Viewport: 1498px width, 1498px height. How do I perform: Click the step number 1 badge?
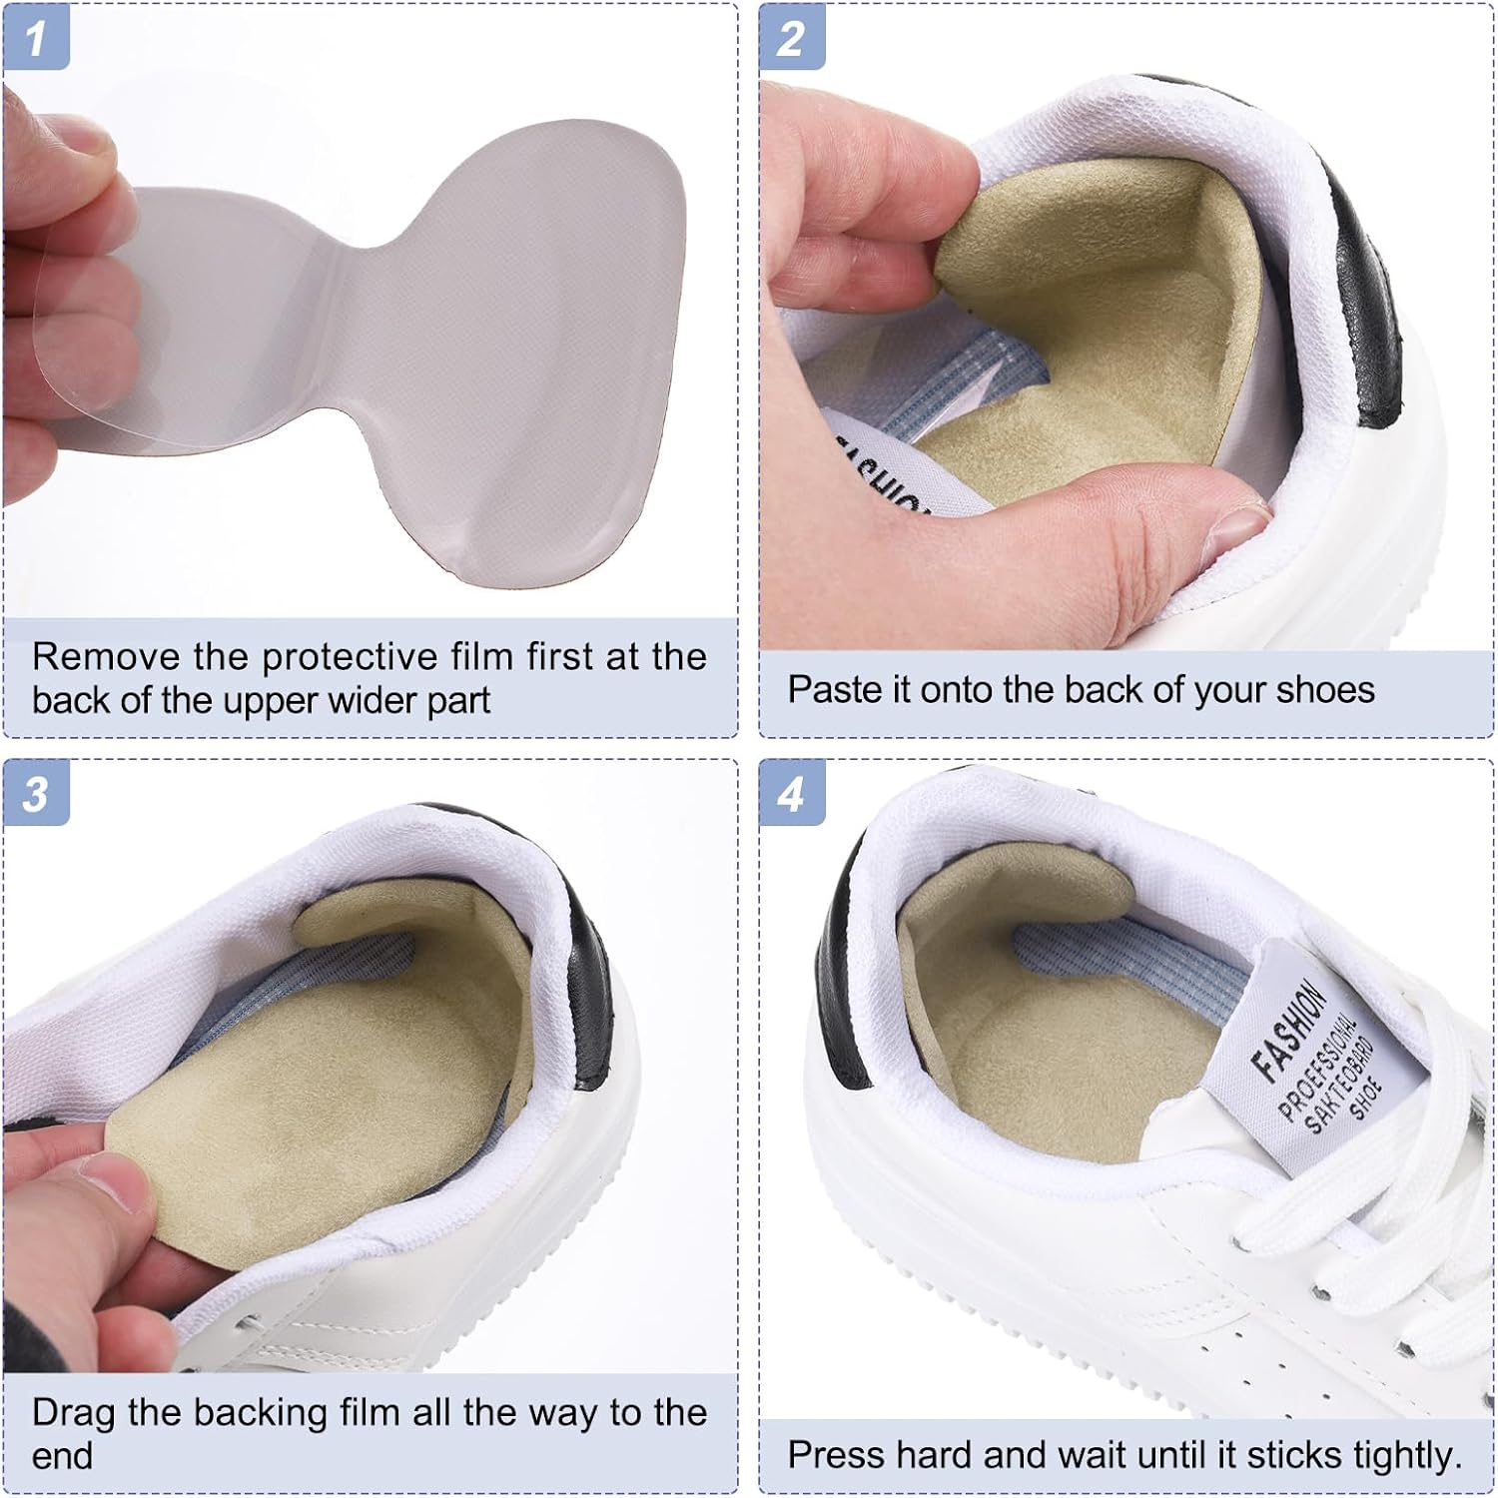point(36,38)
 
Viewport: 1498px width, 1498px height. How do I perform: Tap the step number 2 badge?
point(791,38)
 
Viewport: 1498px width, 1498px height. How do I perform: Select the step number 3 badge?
point(36,794)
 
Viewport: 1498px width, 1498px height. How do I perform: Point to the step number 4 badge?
point(791,794)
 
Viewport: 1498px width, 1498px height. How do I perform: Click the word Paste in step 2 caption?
point(825,689)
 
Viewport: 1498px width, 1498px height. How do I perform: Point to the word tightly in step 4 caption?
point(1408,1456)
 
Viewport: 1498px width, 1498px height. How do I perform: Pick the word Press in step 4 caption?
point(836,1455)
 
